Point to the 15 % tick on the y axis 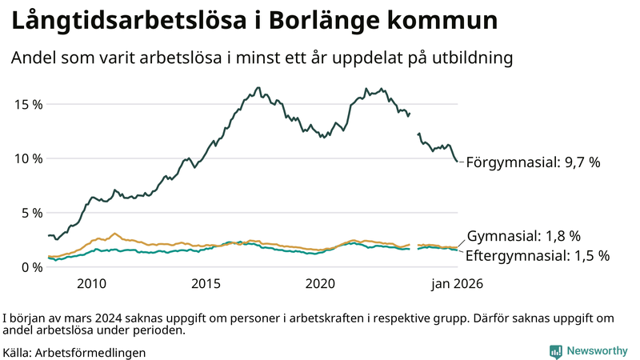pos(27,104)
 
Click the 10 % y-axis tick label pos(27,158)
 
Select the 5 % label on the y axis pos(30,213)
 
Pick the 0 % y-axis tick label pos(30,267)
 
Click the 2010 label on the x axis pos(91,284)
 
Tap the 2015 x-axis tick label pos(206,284)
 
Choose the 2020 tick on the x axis pos(320,284)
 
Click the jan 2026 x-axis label pos(457,284)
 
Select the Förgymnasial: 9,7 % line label pos(533,162)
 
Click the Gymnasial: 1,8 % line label pos(523,236)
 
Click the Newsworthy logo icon pos(555,351)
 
